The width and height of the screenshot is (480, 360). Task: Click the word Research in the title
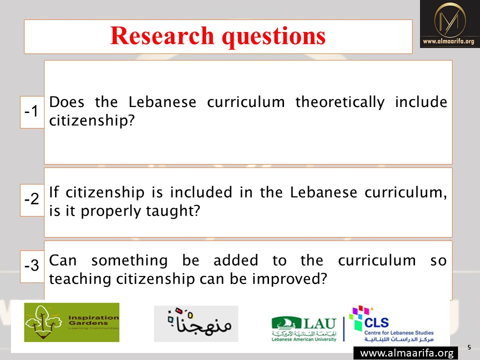click(x=162, y=35)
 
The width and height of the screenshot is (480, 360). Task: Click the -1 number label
click(x=31, y=111)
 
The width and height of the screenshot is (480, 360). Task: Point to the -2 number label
click(x=31, y=199)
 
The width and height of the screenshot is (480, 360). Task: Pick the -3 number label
click(x=31, y=265)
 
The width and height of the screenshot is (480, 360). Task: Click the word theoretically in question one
click(x=340, y=102)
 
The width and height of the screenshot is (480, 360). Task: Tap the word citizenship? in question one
click(x=92, y=120)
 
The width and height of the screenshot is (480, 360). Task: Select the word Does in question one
click(x=66, y=102)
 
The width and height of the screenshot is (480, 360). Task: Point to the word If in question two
click(x=54, y=192)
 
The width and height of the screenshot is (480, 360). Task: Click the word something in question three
click(x=129, y=261)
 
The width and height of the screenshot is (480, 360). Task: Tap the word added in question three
click(x=235, y=260)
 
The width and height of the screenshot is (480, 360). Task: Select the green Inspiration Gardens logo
click(x=71, y=322)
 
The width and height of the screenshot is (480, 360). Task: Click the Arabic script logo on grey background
click(x=196, y=324)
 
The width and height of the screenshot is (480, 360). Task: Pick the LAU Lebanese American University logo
click(x=304, y=329)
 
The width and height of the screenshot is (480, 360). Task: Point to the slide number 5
click(x=469, y=347)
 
